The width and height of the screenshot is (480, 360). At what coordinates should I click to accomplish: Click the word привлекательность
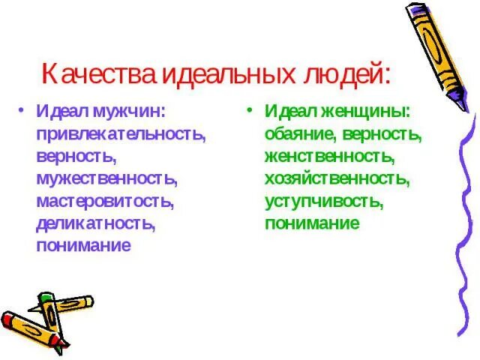tap(120, 135)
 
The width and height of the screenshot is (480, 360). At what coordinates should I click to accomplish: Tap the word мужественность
tap(106, 179)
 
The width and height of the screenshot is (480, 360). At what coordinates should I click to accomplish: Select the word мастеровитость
tap(104, 201)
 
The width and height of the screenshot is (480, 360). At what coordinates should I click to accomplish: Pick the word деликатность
tap(95, 223)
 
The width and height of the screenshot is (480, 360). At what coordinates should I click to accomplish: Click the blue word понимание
tap(84, 245)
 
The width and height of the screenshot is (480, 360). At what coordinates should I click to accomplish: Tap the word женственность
tap(328, 157)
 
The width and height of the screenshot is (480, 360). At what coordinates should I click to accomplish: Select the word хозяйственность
tap(336, 179)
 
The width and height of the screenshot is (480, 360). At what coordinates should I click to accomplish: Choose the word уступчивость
tap(323, 201)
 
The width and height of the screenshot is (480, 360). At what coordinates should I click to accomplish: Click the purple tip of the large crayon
tap(464, 104)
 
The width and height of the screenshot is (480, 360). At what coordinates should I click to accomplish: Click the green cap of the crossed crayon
tap(45, 299)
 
